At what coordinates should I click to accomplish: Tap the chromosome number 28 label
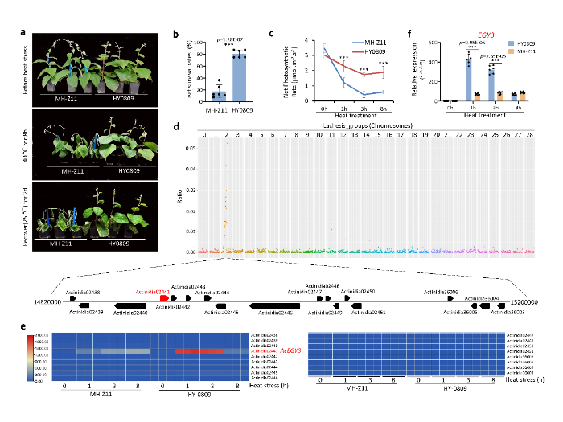point(529,135)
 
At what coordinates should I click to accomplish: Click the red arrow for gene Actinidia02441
point(165,298)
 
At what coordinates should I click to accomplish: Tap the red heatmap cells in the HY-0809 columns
point(198,351)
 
